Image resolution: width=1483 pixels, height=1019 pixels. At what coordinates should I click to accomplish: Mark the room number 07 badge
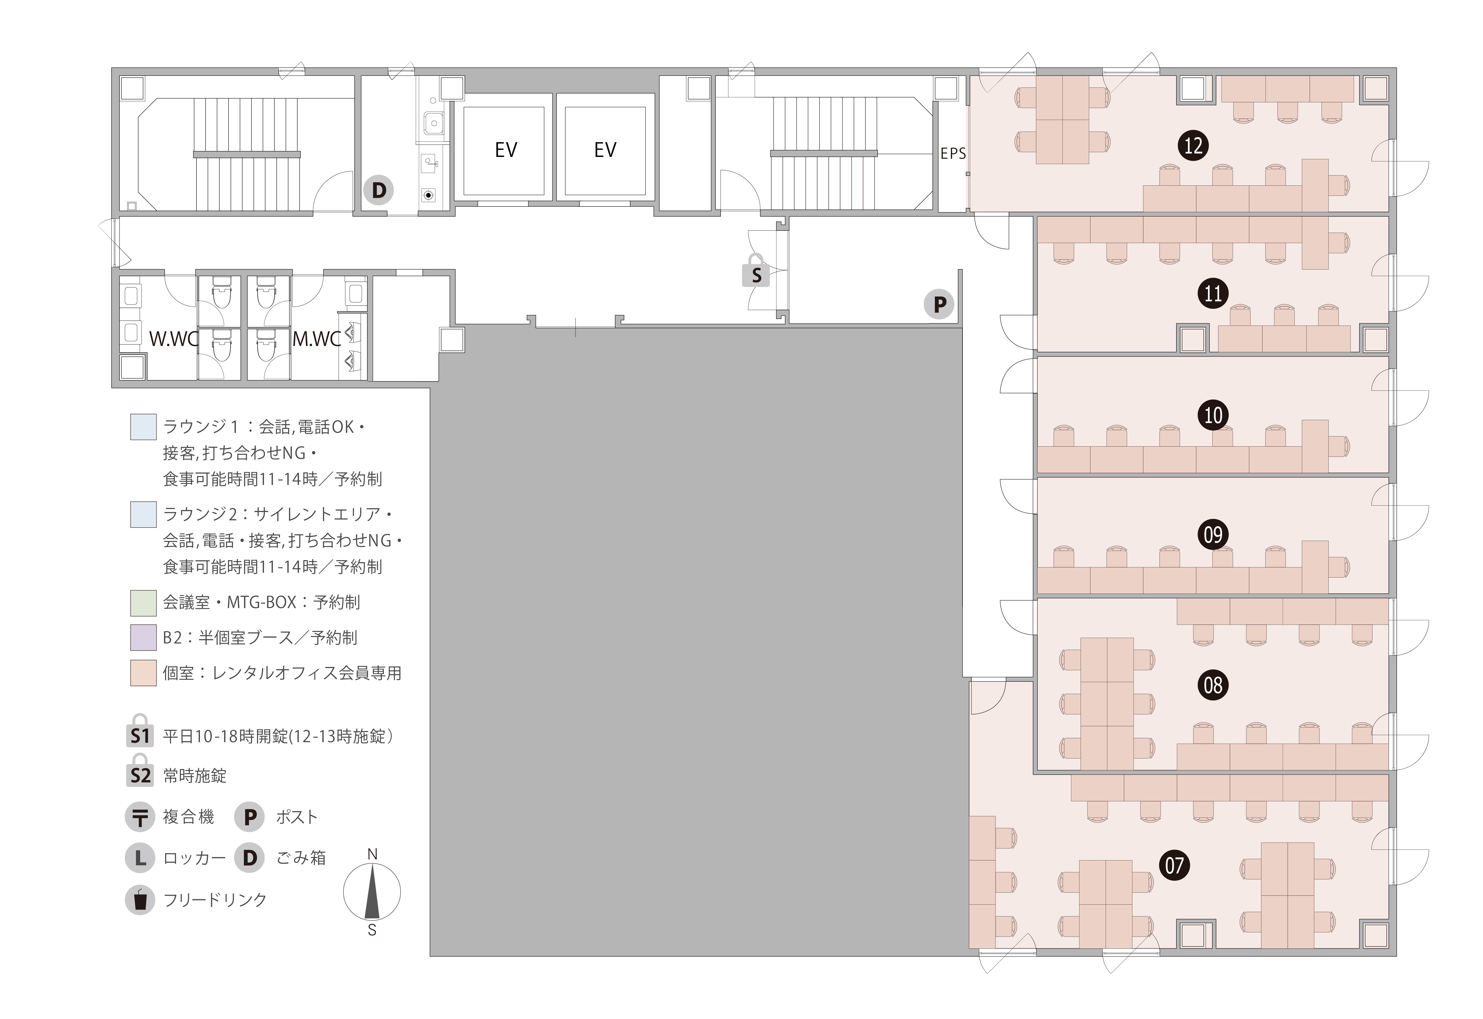pyautogui.click(x=1174, y=866)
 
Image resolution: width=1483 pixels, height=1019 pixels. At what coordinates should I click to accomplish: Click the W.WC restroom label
pyautogui.click(x=174, y=339)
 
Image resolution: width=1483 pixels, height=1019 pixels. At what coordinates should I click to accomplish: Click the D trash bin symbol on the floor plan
pyautogui.click(x=378, y=190)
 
